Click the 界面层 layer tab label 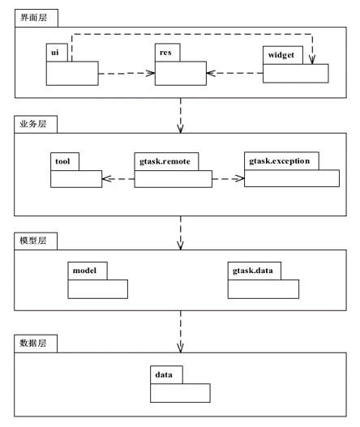33,18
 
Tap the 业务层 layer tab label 32,124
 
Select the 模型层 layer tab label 32,241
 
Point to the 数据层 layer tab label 32,343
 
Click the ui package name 55,53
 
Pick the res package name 165,53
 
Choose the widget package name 281,55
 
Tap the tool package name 62,161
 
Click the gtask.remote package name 165,161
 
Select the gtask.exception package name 280,161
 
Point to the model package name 84,271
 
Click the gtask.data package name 253,271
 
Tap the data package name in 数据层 164,374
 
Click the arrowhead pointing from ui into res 151,73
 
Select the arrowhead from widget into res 211,73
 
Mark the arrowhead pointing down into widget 312,60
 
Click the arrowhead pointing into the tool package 106,179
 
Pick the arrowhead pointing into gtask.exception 240,179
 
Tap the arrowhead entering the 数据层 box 180,348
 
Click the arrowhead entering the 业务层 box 180,129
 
